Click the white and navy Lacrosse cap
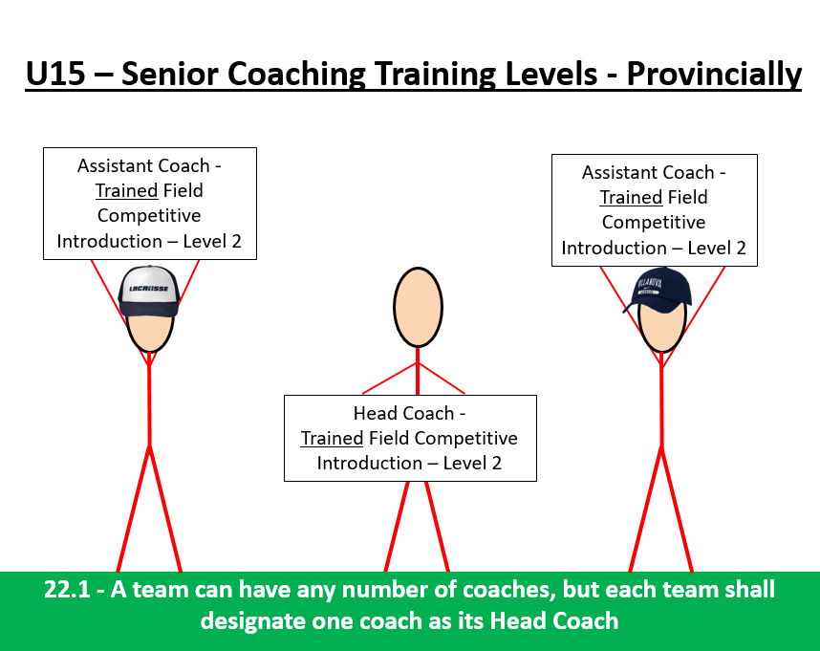coord(148,291)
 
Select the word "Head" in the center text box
coord(374,414)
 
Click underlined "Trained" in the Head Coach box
coord(332,439)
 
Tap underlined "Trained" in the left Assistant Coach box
coord(126,190)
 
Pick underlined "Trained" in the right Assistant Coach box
coord(631,198)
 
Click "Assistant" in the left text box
coord(117,165)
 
